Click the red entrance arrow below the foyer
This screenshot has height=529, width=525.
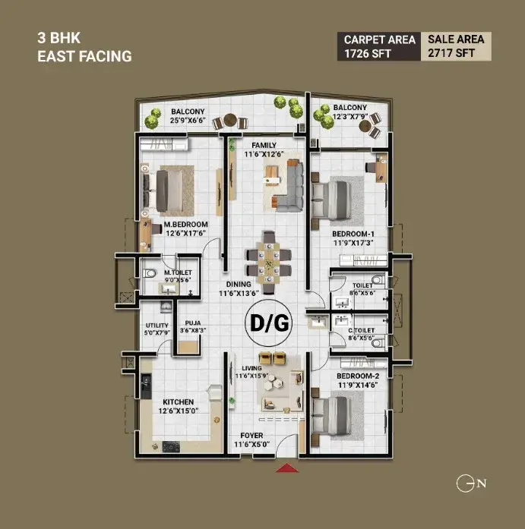[x=287, y=468]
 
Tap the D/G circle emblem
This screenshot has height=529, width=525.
[x=269, y=323]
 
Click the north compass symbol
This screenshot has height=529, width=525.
[x=471, y=483]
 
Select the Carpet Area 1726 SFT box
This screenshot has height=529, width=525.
[x=379, y=46]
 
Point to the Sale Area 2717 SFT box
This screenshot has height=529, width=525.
[x=456, y=46]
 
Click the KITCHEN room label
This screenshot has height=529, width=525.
[x=179, y=401]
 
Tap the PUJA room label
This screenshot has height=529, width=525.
[x=193, y=323]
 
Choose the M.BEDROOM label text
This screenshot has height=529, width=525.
[x=185, y=225]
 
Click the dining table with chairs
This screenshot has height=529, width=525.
[x=269, y=263]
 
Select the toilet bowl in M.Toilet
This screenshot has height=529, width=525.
[x=149, y=273]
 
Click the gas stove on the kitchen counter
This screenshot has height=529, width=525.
[x=171, y=446]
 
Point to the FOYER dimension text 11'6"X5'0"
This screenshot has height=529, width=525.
[x=252, y=444]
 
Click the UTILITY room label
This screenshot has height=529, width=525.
[x=157, y=326]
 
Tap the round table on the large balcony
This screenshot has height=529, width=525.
[x=230, y=119]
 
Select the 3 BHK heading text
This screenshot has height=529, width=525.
[x=59, y=38]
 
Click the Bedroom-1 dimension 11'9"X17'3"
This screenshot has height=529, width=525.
[x=353, y=243]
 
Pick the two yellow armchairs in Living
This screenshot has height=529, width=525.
[x=272, y=358]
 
